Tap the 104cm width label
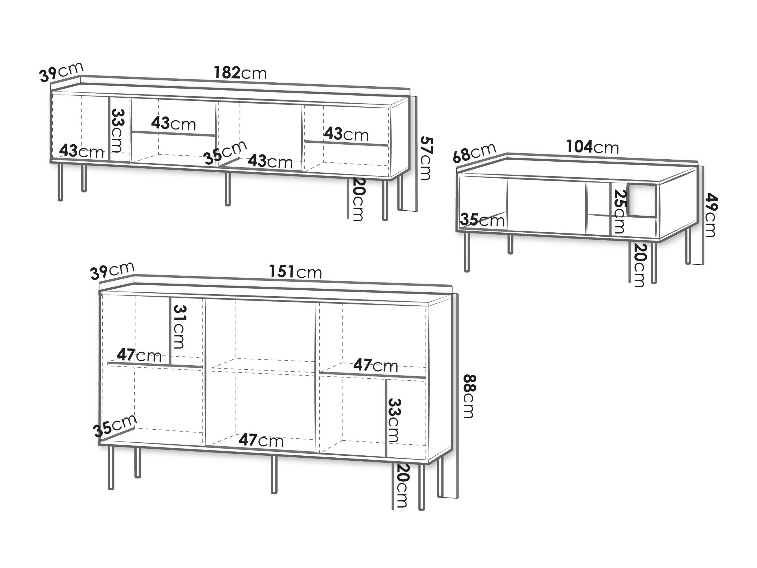(592, 147)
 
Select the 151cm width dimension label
(296, 272)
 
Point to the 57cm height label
(426, 158)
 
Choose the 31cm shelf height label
(178, 327)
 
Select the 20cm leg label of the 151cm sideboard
(401, 485)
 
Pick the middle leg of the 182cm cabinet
(227, 189)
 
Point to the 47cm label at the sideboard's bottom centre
(261, 441)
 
